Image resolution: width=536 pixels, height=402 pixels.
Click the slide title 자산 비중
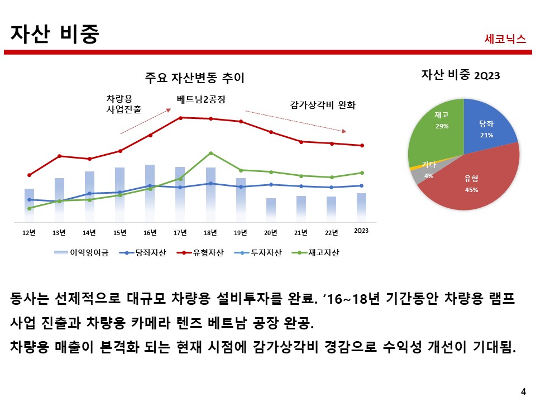pos(55,34)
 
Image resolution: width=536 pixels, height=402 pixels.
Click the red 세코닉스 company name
pos(505,39)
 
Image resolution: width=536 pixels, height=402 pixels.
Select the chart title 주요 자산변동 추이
pos(194,77)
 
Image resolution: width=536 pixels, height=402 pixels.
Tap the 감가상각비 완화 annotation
pos(323,104)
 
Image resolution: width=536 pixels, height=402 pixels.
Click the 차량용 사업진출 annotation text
pos(123,104)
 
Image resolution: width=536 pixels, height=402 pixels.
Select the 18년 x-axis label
pos(210,232)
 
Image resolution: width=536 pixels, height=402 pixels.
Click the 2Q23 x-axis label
pos(361,232)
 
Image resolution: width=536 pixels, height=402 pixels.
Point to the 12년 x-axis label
pos(29,232)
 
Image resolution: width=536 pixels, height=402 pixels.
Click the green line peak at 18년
pos(210,153)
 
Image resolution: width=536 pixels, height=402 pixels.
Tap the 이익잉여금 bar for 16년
pos(150,190)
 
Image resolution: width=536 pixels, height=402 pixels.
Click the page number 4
pos(523,391)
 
